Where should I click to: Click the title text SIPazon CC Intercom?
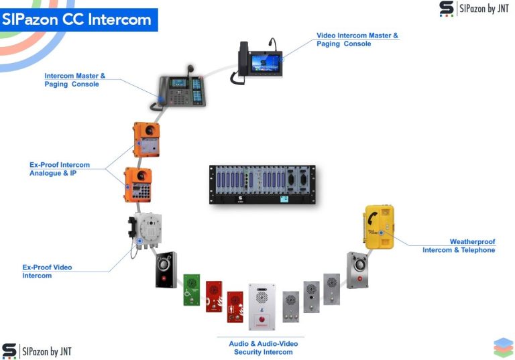[x=76, y=19]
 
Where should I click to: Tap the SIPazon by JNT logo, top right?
[x=474, y=9]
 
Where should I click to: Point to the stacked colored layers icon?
[x=503, y=347]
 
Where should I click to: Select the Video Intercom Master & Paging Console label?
[x=357, y=39]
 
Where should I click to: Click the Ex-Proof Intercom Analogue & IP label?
[x=60, y=169]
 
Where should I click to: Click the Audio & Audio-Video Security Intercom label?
[x=263, y=347]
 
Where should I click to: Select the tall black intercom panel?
[x=166, y=270]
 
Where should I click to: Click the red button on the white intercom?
[x=262, y=320]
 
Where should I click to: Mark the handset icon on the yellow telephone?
[x=371, y=219]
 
